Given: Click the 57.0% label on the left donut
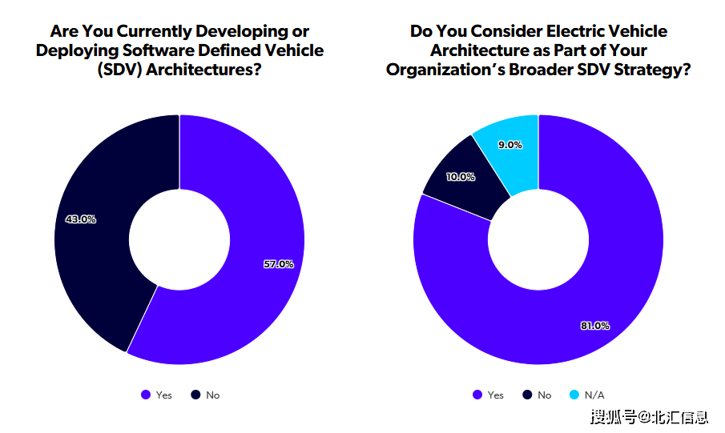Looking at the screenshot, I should coord(279,264).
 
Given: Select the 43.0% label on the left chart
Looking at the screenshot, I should coord(80,219).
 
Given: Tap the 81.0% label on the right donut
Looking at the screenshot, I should coord(594,326).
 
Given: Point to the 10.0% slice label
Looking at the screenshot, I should coord(460,177).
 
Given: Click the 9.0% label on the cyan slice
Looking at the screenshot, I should coord(510,145).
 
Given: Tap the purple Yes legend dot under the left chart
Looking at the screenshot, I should coord(145,395).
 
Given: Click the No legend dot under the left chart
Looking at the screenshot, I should coord(195,395).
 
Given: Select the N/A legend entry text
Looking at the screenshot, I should coord(594,395).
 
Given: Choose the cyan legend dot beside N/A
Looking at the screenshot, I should coord(574,395).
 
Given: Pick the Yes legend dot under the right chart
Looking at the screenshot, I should coord(477,395).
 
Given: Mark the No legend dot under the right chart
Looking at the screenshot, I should coord(526,395).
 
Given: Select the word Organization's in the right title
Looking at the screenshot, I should coord(443,70).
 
